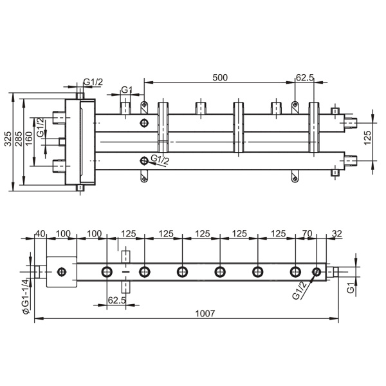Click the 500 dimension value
tap(220, 77)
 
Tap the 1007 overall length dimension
tap(205, 313)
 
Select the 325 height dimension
tap(8, 139)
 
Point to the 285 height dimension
tap(19, 139)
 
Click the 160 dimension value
tap(29, 139)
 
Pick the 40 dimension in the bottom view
tap(41, 233)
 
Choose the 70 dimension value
tap(307, 233)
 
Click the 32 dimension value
tap(337, 233)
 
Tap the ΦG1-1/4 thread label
tap(26, 296)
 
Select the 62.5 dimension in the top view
tap(305, 77)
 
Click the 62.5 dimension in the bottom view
tap(117, 300)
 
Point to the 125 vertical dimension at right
tap(367, 138)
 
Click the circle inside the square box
tap(62, 272)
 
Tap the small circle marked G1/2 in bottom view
tap(317, 272)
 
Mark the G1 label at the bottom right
tap(351, 287)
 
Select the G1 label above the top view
tap(127, 90)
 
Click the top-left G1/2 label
tap(93, 82)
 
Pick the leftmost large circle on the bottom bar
tap(107, 272)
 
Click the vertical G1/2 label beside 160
tap(41, 127)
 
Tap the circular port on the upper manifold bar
tap(144, 122)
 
